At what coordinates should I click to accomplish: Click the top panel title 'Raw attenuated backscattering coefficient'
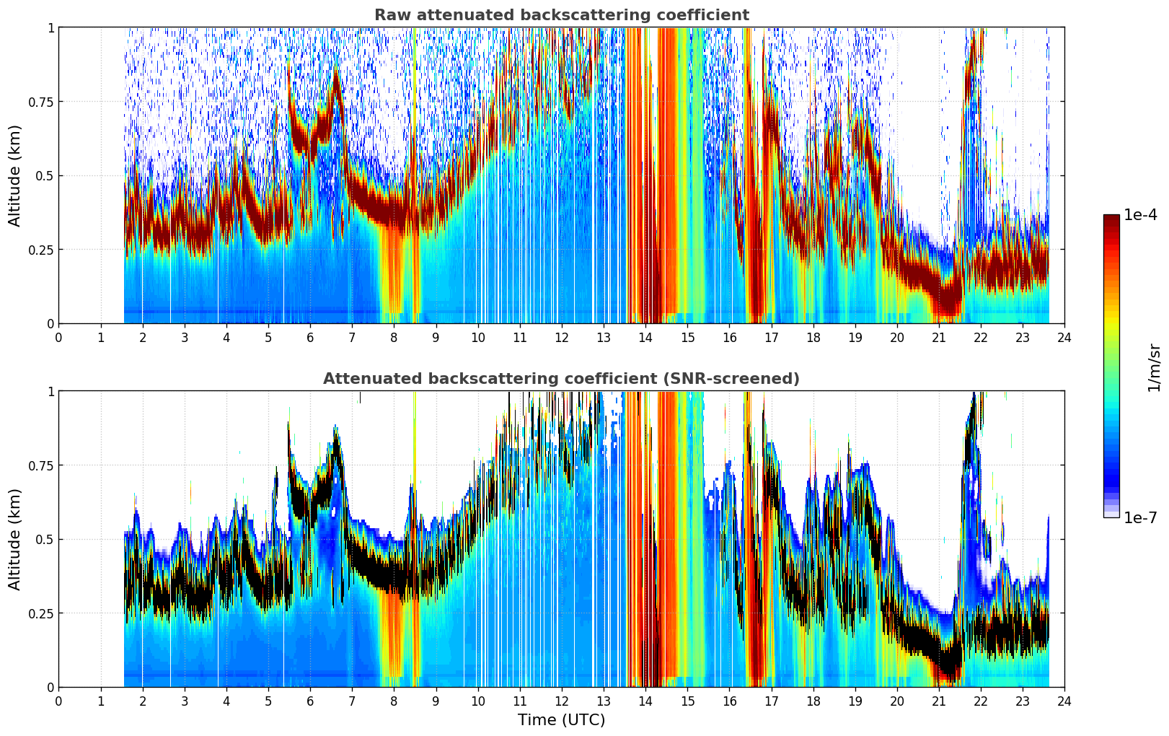[562, 14]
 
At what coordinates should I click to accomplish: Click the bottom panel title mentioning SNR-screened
[562, 378]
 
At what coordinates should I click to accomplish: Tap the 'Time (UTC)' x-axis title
[562, 720]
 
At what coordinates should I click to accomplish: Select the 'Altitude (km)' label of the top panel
[14, 175]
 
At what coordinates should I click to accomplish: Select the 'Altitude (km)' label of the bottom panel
[14, 539]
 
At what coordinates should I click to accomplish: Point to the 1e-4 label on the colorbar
[1140, 214]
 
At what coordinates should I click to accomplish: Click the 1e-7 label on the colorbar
[1140, 518]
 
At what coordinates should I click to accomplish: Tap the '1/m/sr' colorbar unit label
[1154, 367]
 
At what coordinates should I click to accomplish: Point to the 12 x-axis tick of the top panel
[562, 337]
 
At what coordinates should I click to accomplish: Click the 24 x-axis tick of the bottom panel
[1064, 701]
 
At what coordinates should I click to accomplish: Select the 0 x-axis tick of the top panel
[58, 337]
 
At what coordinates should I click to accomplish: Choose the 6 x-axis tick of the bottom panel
[310, 701]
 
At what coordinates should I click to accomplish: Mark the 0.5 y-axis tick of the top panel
[45, 176]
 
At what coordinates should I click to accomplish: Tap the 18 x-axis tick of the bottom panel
[813, 701]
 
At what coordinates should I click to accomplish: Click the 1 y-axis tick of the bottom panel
[50, 392]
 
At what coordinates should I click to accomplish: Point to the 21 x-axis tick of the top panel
[939, 337]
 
